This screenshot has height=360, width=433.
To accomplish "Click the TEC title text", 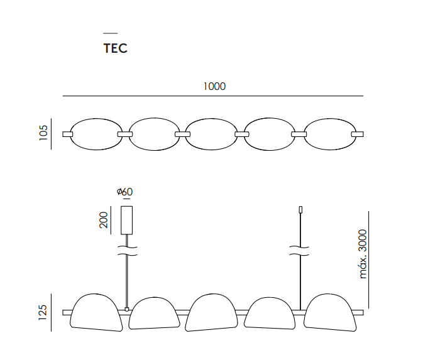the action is [x=116, y=48].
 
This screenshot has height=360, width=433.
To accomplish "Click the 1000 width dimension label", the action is [x=214, y=87].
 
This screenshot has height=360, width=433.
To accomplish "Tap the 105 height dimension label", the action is [x=43, y=133].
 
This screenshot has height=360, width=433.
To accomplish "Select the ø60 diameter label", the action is [x=124, y=192].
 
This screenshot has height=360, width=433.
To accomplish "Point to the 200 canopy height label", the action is [x=103, y=220].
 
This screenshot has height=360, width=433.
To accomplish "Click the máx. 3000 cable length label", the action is [x=363, y=254].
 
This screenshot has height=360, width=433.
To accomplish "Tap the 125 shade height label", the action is [x=43, y=312].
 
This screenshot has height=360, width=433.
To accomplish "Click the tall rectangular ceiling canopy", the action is [x=127, y=221].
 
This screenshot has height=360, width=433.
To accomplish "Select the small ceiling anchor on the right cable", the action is [x=300, y=210].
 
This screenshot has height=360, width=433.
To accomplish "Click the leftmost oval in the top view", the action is [x=70, y=134].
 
